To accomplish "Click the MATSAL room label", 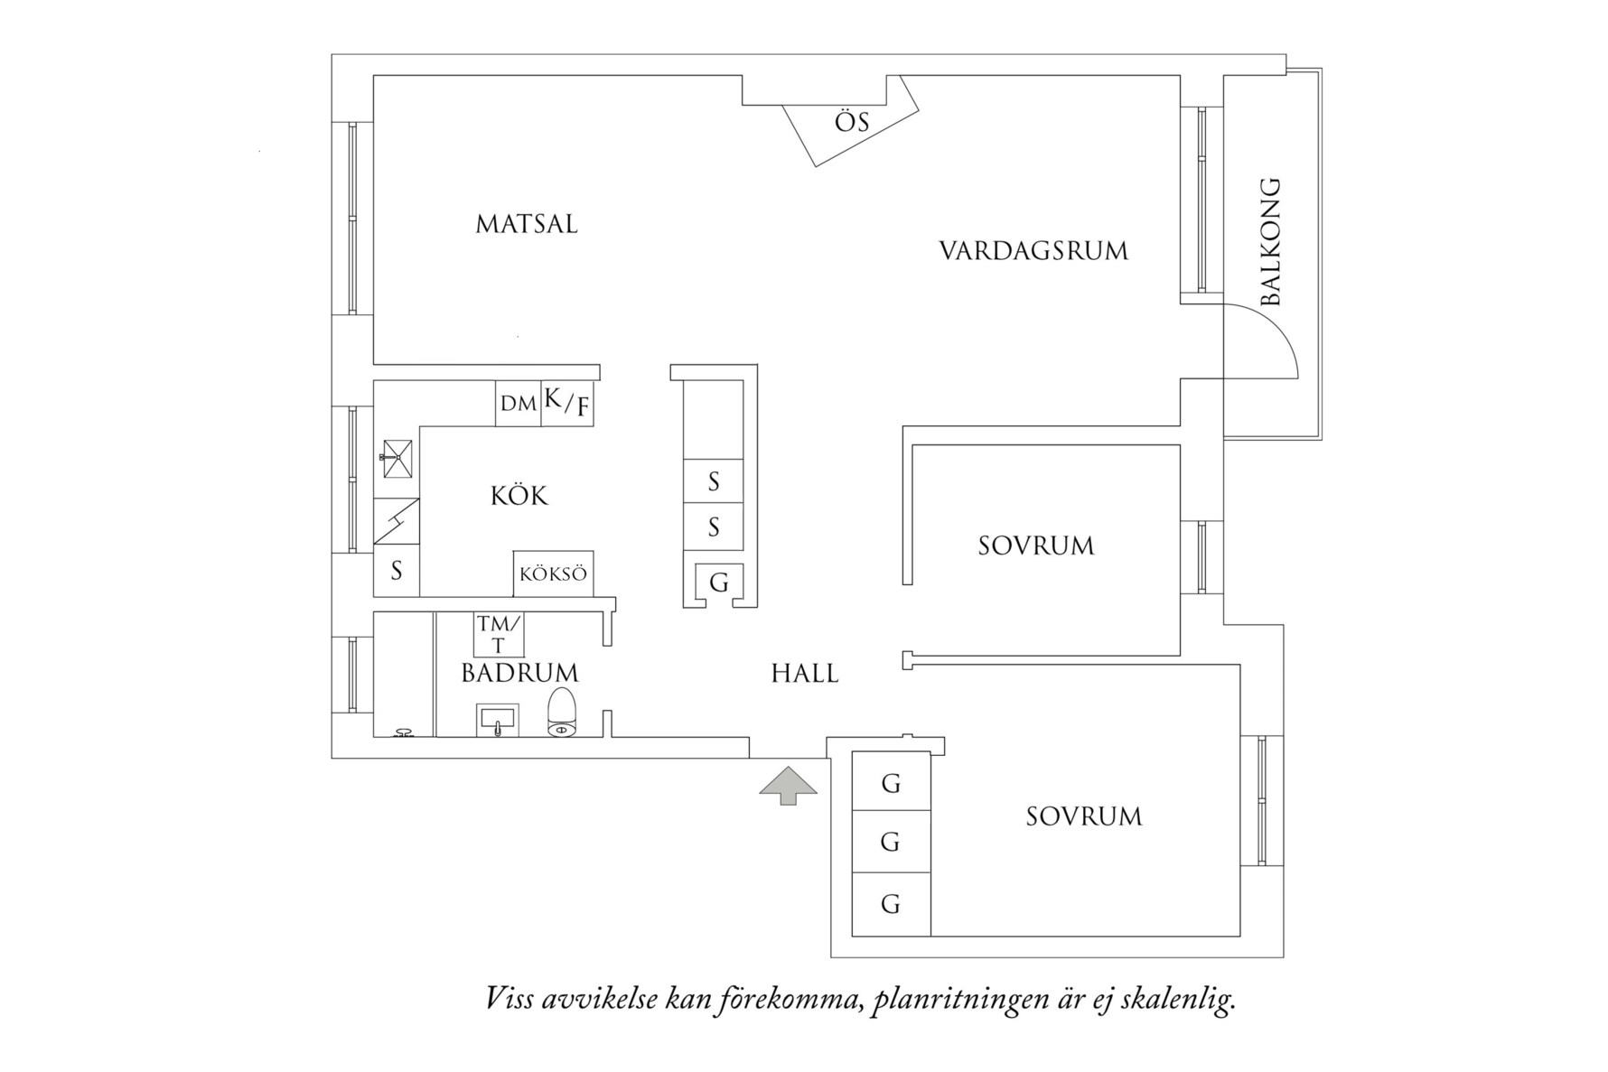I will pos(527,224).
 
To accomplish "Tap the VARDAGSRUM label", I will pos(1033,250).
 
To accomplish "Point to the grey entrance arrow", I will pos(789,784).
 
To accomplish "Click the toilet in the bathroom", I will pos(562,713).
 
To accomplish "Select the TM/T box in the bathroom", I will pos(499,634).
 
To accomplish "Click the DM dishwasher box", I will pos(518,404).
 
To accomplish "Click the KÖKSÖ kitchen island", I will pos(553,573).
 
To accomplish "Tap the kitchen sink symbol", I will pos(397,459).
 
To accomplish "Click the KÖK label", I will pos(519,496).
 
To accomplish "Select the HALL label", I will pos(805,674).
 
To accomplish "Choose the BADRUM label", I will pos(519,673).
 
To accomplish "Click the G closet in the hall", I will pos(719,583).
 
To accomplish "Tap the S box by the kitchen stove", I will pos(396,571).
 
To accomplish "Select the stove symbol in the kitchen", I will pos(397,521).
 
